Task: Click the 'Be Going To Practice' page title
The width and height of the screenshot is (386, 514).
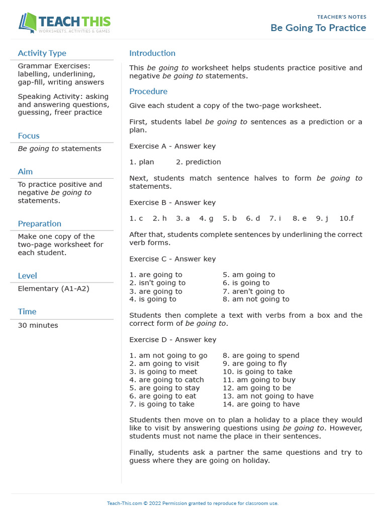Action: (318, 28)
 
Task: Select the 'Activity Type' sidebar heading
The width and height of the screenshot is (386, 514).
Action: (42, 53)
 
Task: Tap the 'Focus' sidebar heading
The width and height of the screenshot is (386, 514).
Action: (29, 136)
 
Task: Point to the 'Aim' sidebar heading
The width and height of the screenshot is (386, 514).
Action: (25, 172)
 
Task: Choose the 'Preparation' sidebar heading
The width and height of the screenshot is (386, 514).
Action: (39, 224)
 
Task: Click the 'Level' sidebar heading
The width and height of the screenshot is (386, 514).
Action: (27, 276)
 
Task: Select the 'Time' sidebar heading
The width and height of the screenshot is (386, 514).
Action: (27, 312)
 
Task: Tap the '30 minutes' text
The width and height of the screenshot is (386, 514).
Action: (38, 325)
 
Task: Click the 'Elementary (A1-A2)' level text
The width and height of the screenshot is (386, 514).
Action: (53, 289)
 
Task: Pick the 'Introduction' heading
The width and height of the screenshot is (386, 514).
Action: (152, 53)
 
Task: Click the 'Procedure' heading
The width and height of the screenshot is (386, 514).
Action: (148, 91)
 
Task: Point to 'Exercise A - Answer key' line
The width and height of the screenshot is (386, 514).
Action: (172, 146)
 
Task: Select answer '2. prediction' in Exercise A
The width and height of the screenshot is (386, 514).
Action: (199, 162)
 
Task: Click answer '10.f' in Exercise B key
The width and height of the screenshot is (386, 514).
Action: (346, 218)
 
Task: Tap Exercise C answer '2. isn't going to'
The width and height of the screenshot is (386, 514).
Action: (157, 283)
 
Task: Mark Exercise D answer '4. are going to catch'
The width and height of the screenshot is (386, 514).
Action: (166, 380)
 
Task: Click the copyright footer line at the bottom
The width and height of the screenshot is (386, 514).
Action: (192, 503)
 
